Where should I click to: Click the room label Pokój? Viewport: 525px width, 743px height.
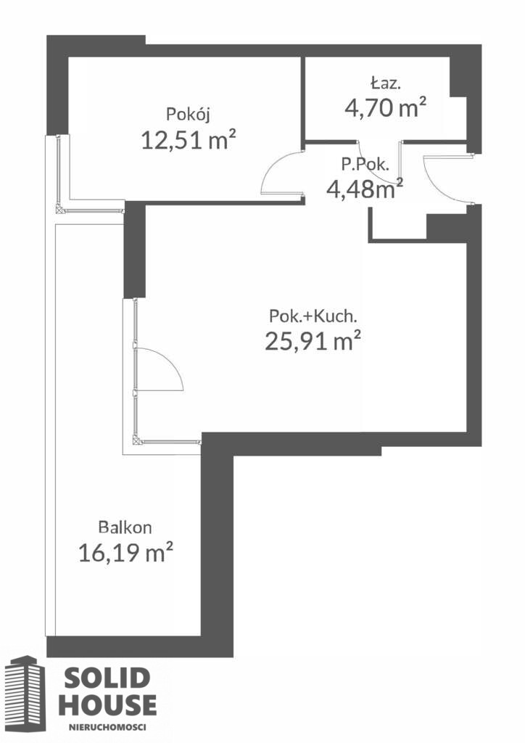(x=188, y=115)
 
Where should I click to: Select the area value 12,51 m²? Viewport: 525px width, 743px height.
(x=189, y=140)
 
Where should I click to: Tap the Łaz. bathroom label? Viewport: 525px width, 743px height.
(x=386, y=83)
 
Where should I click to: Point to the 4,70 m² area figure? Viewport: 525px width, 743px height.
(x=385, y=107)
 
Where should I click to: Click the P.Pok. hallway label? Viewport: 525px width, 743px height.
(x=365, y=165)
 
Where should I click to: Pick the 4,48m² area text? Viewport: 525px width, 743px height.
(x=365, y=189)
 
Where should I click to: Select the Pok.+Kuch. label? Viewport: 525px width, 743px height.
(x=313, y=316)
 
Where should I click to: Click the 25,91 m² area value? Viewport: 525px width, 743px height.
(x=313, y=340)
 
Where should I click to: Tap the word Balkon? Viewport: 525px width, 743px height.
(x=125, y=527)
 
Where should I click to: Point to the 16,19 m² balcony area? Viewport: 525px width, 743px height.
(x=125, y=552)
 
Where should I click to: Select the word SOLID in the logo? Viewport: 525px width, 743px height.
(x=107, y=678)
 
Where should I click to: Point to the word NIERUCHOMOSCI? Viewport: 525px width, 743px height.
(x=107, y=726)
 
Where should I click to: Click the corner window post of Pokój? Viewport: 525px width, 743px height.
(x=59, y=208)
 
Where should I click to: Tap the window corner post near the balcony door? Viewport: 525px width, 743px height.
(x=137, y=441)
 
